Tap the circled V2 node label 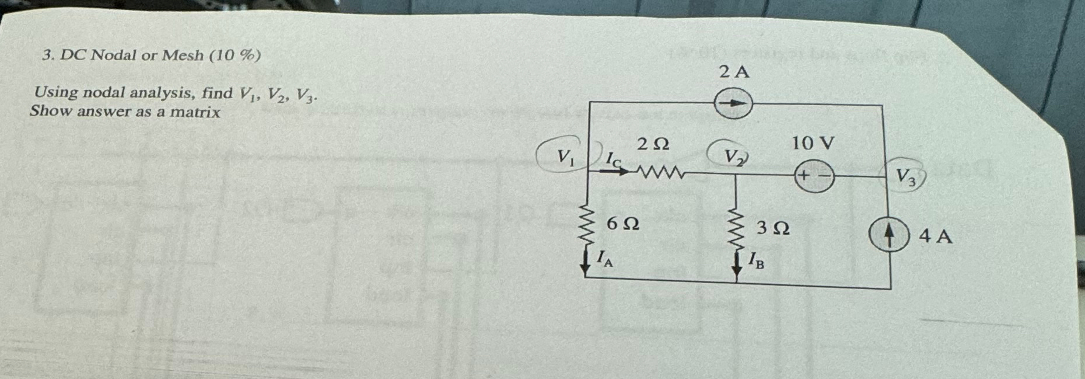pyautogui.click(x=733, y=156)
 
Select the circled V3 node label pyautogui.click(x=905, y=176)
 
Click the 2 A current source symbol pyautogui.click(x=733, y=103)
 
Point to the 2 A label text pyautogui.click(x=734, y=72)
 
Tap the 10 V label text pyautogui.click(x=813, y=142)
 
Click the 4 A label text pyautogui.click(x=936, y=237)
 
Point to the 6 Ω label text pyautogui.click(x=622, y=224)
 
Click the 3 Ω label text pyautogui.click(x=773, y=228)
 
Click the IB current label pyautogui.click(x=756, y=260)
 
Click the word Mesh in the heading pyautogui.click(x=183, y=55)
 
